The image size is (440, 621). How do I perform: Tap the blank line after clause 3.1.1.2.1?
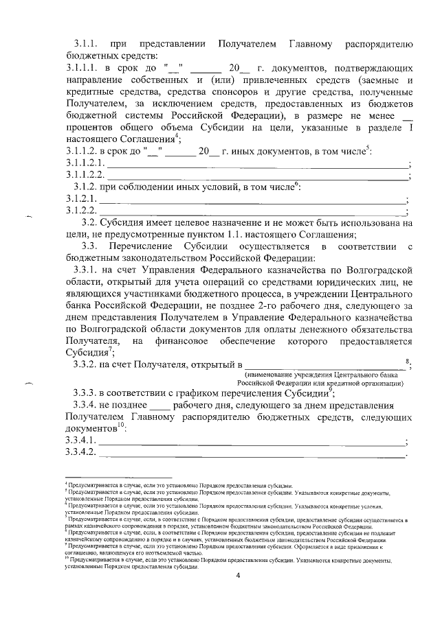(255, 165)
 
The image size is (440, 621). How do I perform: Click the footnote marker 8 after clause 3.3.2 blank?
(408, 360)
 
